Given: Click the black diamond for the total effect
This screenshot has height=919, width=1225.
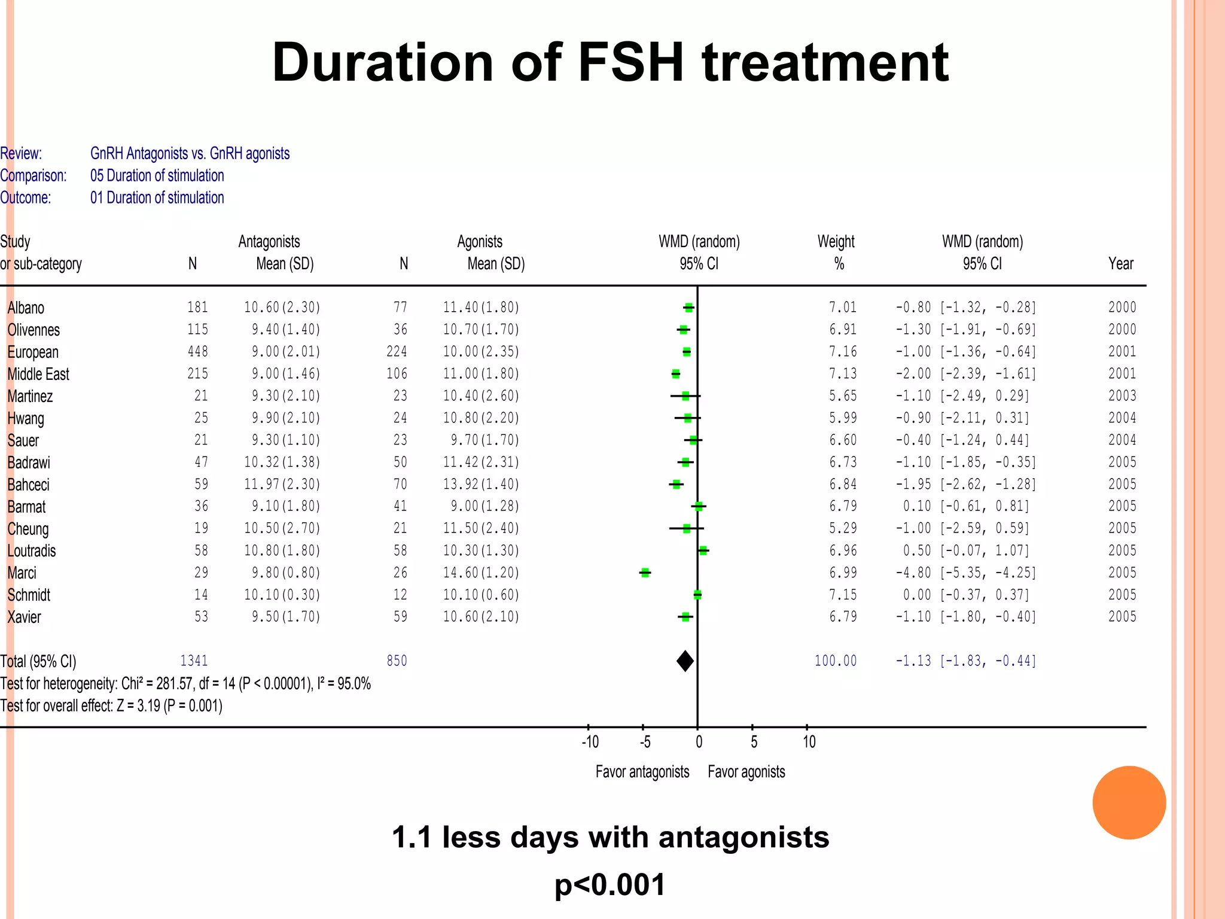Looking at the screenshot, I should tap(685, 661).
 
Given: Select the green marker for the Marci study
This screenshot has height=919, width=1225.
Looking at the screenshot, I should tap(645, 573).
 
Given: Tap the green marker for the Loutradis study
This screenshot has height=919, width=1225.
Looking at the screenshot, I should tap(703, 550).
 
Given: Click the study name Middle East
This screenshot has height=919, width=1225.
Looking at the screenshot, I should tap(38, 375).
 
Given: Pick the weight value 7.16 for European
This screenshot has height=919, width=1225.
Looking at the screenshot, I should tap(842, 352).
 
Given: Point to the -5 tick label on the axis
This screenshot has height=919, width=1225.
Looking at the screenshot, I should tap(645, 742).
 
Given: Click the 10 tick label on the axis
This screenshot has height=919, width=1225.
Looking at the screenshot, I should tap(809, 742).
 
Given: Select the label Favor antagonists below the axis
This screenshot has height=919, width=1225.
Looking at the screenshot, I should tap(642, 772).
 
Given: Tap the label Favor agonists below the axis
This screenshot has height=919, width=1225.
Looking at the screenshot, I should tap(746, 772).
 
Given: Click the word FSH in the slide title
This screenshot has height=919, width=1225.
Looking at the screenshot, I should tap(630, 62).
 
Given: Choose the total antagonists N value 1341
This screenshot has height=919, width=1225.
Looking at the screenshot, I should tap(194, 661).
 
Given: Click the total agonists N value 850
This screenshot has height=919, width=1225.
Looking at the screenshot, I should tap(397, 661).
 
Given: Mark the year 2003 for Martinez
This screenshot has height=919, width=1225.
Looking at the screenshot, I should tap(1122, 396).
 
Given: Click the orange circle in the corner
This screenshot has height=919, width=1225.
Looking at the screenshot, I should tap(1129, 802).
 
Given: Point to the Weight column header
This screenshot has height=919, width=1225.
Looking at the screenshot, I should tap(836, 242).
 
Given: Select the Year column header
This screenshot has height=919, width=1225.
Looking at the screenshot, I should tap(1120, 264).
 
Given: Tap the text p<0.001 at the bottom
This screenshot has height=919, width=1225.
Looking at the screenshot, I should tap(610, 885).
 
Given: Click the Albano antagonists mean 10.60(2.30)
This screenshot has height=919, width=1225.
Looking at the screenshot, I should tap(282, 308).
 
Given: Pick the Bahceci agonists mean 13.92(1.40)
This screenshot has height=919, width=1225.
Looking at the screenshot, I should tap(481, 484).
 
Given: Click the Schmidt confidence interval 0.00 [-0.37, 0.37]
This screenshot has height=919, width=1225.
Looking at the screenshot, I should tap(965, 595).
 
